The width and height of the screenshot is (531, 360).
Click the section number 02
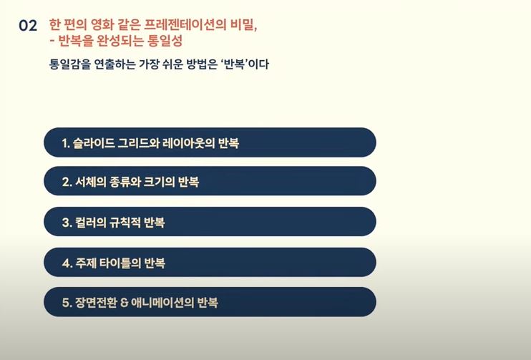28,26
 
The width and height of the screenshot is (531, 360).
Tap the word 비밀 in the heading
244,25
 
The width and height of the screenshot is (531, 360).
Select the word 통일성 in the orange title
165,41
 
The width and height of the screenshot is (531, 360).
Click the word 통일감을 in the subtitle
70,64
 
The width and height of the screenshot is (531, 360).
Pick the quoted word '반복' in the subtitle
235,64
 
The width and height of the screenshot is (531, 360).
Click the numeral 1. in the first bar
66,143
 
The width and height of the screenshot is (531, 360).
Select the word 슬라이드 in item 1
94,143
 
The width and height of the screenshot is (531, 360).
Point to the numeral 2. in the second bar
67,183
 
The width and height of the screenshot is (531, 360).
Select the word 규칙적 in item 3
125,223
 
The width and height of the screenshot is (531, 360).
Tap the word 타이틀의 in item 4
120,263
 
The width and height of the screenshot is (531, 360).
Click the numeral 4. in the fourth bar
67,263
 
